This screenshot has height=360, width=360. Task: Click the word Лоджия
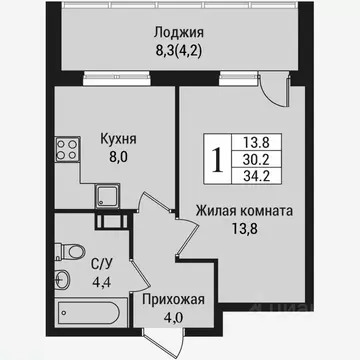(180, 30)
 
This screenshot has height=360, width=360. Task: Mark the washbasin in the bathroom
(64, 277)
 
